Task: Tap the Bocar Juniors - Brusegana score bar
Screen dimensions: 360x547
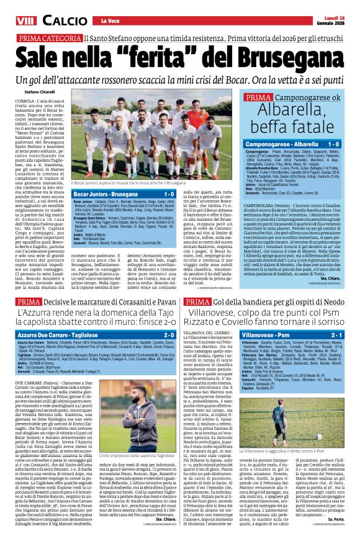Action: (x=124, y=193)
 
